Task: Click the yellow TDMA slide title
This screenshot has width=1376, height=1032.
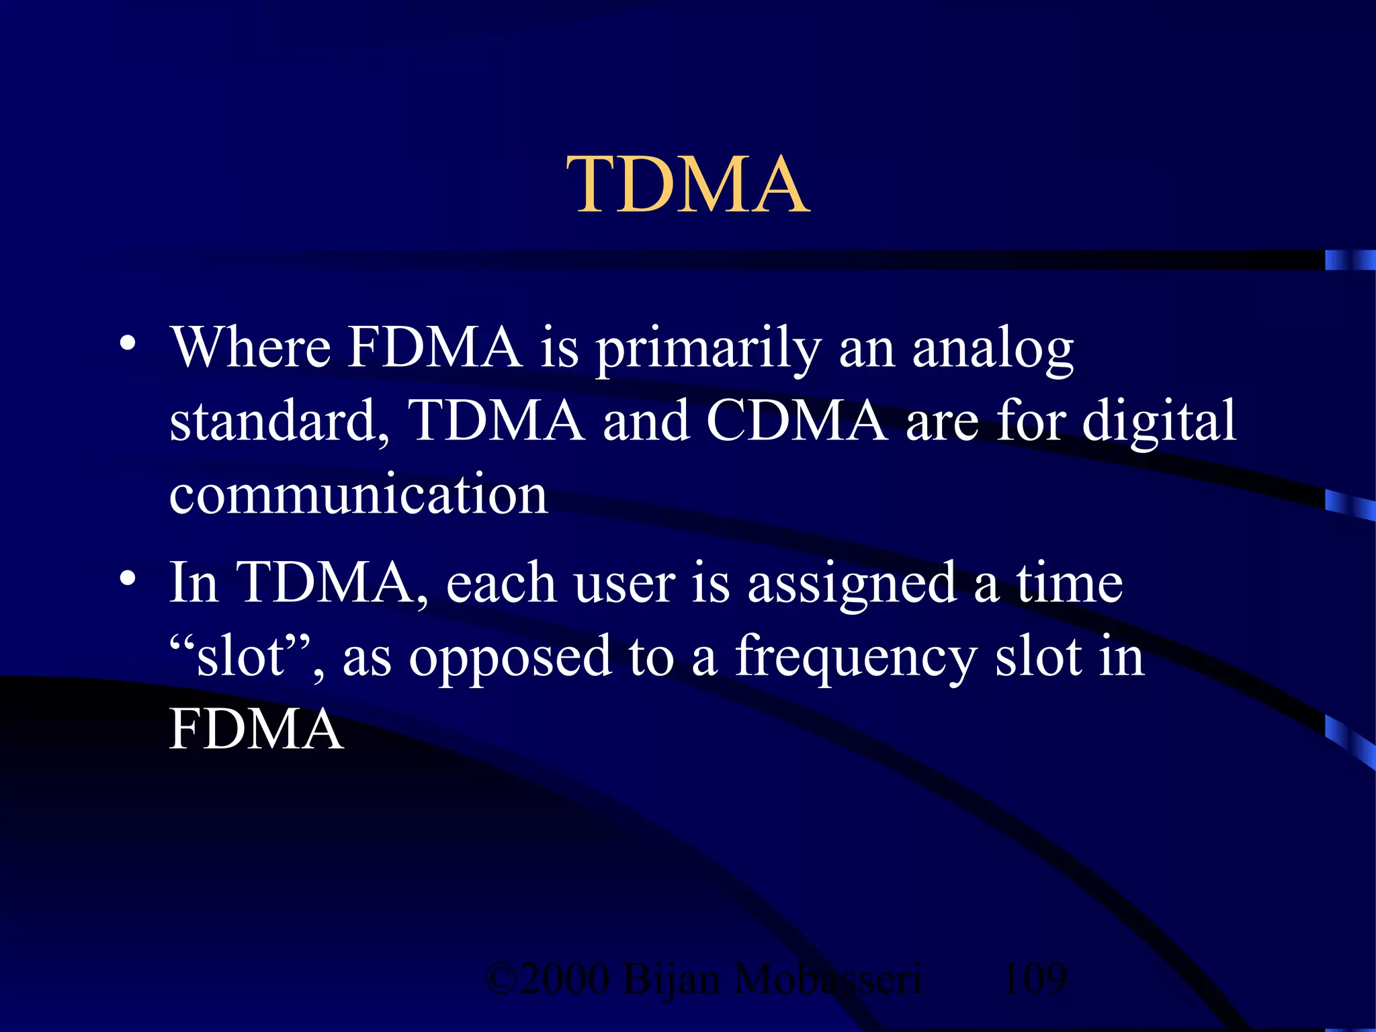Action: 688,185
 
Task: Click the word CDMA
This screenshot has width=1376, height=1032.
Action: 796,421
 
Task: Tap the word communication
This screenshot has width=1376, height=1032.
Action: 359,495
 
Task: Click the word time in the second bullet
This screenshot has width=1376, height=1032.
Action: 1068,583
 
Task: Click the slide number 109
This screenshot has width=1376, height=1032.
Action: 1034,978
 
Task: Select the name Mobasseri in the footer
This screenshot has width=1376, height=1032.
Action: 828,978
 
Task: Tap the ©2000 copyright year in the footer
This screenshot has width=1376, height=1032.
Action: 548,978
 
